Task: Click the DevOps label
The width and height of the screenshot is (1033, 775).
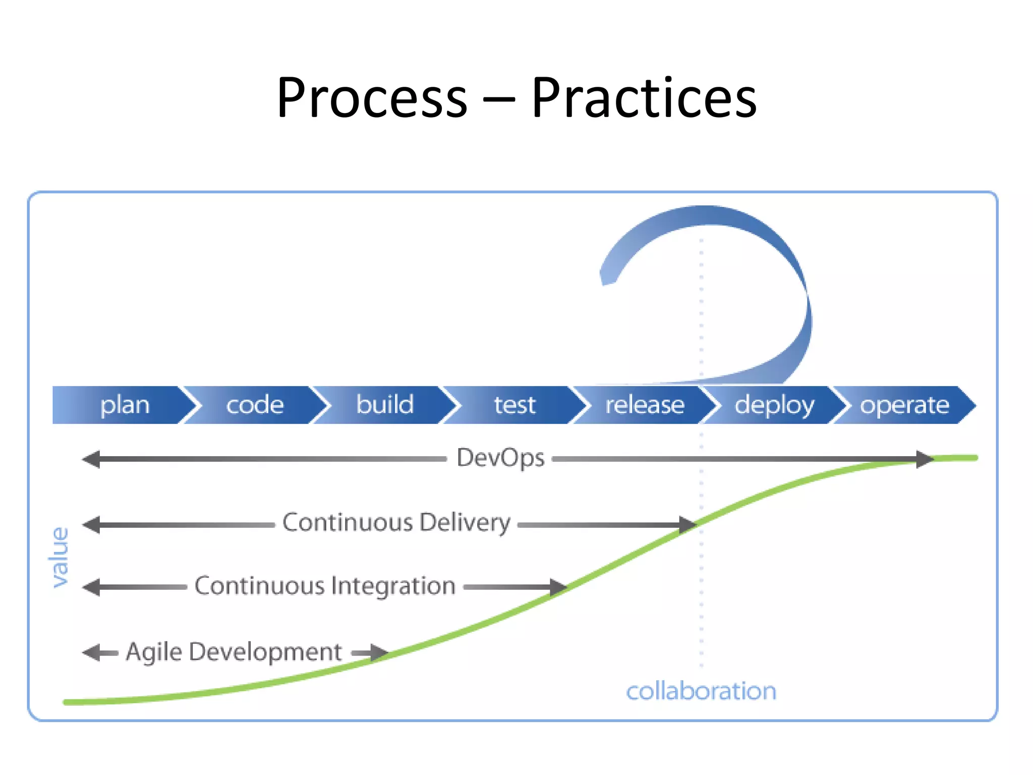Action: coord(500,458)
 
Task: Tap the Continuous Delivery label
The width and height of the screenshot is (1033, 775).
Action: coord(396,523)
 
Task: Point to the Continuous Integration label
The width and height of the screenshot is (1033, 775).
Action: coord(325,586)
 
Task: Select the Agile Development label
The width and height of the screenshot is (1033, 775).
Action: coord(234,652)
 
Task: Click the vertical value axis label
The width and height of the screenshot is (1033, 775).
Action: coord(60,558)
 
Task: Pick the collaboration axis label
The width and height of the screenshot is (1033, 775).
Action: coord(701,691)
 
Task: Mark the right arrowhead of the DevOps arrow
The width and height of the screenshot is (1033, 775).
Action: coord(924,459)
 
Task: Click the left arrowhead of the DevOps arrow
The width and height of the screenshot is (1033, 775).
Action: coord(91,459)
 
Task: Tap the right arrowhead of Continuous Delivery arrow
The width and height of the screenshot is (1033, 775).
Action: coord(687,525)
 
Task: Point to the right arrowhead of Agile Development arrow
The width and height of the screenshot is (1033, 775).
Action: coord(378,652)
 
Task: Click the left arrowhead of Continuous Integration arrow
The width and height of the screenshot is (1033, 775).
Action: coord(91,587)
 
